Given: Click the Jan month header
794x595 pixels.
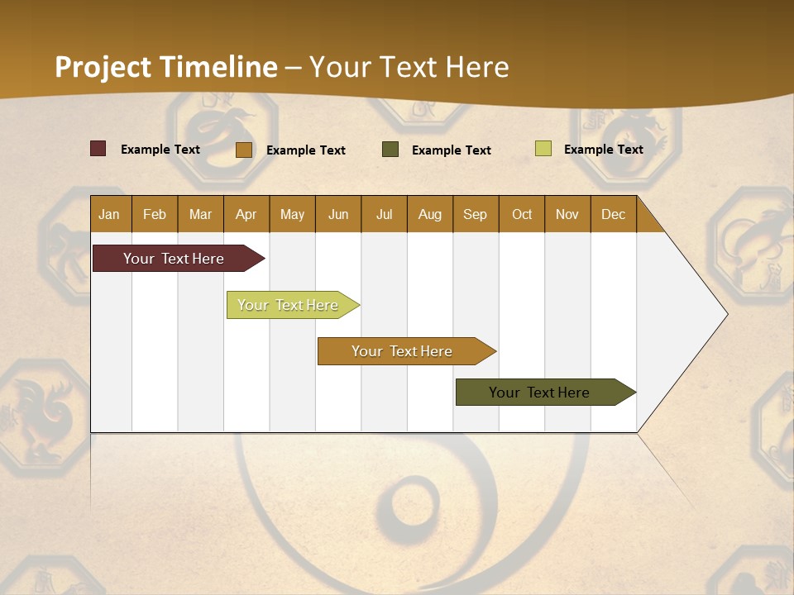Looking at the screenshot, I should pyautogui.click(x=110, y=214).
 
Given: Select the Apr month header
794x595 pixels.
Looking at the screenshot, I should pyautogui.click(x=246, y=214).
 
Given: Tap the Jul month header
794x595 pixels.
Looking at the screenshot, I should pyautogui.click(x=384, y=214).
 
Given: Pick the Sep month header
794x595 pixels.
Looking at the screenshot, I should pyautogui.click(x=476, y=214).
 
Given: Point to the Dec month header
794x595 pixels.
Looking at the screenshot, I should pyautogui.click(x=613, y=214).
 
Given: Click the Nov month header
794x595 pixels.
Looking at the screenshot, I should pyautogui.click(x=567, y=214).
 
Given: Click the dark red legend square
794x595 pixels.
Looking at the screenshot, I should pyautogui.click(x=98, y=149).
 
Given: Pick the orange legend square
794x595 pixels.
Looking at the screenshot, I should pyautogui.click(x=243, y=150).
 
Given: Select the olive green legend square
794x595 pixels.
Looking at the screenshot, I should pyautogui.click(x=390, y=150).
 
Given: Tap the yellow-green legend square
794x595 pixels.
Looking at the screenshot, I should pyautogui.click(x=543, y=149).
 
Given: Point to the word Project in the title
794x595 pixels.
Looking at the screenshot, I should pyautogui.click(x=103, y=67).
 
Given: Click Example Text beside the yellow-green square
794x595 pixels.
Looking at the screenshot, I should pyautogui.click(x=603, y=150).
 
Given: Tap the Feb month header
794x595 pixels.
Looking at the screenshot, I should pyautogui.click(x=155, y=214).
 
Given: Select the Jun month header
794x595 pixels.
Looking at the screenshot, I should pyautogui.click(x=338, y=214).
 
